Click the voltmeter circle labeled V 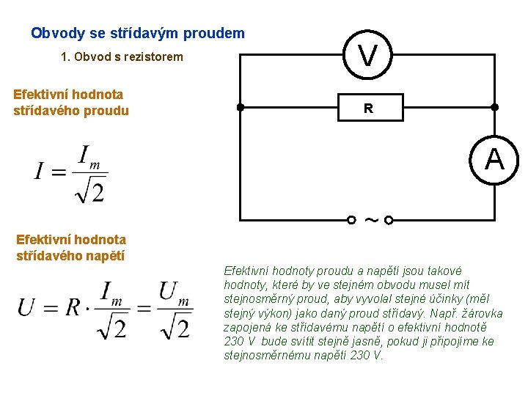tap(369, 54)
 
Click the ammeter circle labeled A tap(494, 158)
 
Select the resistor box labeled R tap(368, 109)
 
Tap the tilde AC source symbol tap(370, 219)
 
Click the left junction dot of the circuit tap(241, 107)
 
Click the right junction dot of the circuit tap(494, 107)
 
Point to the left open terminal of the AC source tap(352, 219)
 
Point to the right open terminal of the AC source tap(389, 219)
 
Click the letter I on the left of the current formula tap(39, 172)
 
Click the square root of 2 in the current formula tap(89, 191)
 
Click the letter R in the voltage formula tap(72, 307)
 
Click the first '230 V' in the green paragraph tap(239, 342)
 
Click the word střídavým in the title tap(139, 34)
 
